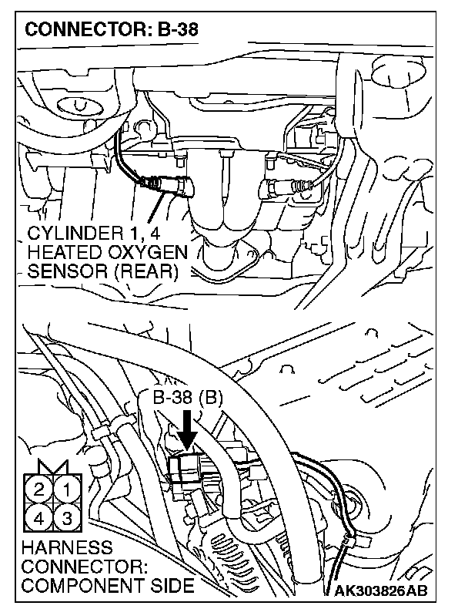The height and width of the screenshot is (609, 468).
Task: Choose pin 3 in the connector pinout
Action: [67, 517]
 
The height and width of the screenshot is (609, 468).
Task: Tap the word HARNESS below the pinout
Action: [56, 548]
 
